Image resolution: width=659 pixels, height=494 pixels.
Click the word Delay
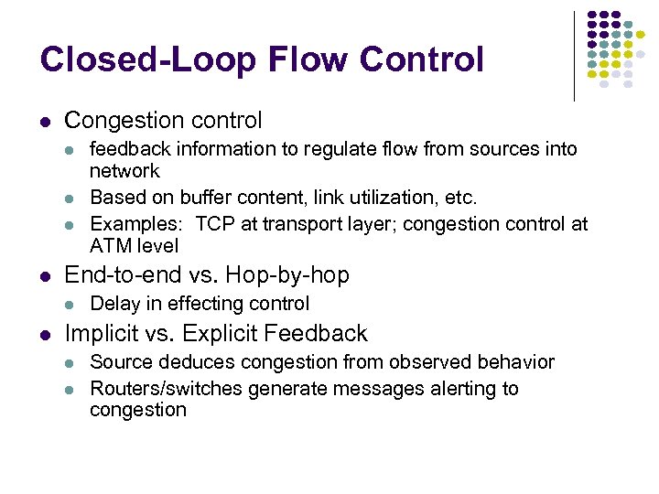114,304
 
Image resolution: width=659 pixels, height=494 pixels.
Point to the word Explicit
224,333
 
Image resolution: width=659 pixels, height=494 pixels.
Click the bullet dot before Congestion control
45,122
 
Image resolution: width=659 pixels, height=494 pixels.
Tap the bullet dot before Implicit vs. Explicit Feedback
45,334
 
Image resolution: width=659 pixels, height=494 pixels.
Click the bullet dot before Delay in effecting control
72,305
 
